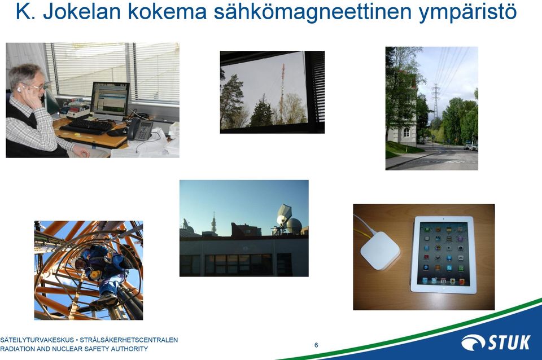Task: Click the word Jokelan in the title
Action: [x=81, y=11]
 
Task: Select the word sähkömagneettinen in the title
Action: [x=313, y=12]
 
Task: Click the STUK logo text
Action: [x=509, y=343]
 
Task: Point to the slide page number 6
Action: [x=316, y=345]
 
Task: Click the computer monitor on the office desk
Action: [x=110, y=100]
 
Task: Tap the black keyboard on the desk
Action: [x=86, y=126]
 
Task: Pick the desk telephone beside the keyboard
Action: [x=140, y=129]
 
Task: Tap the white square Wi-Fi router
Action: [x=380, y=250]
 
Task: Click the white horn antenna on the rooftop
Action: [x=284, y=214]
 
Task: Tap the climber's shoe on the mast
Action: [x=108, y=299]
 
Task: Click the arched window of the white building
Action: [x=406, y=133]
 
